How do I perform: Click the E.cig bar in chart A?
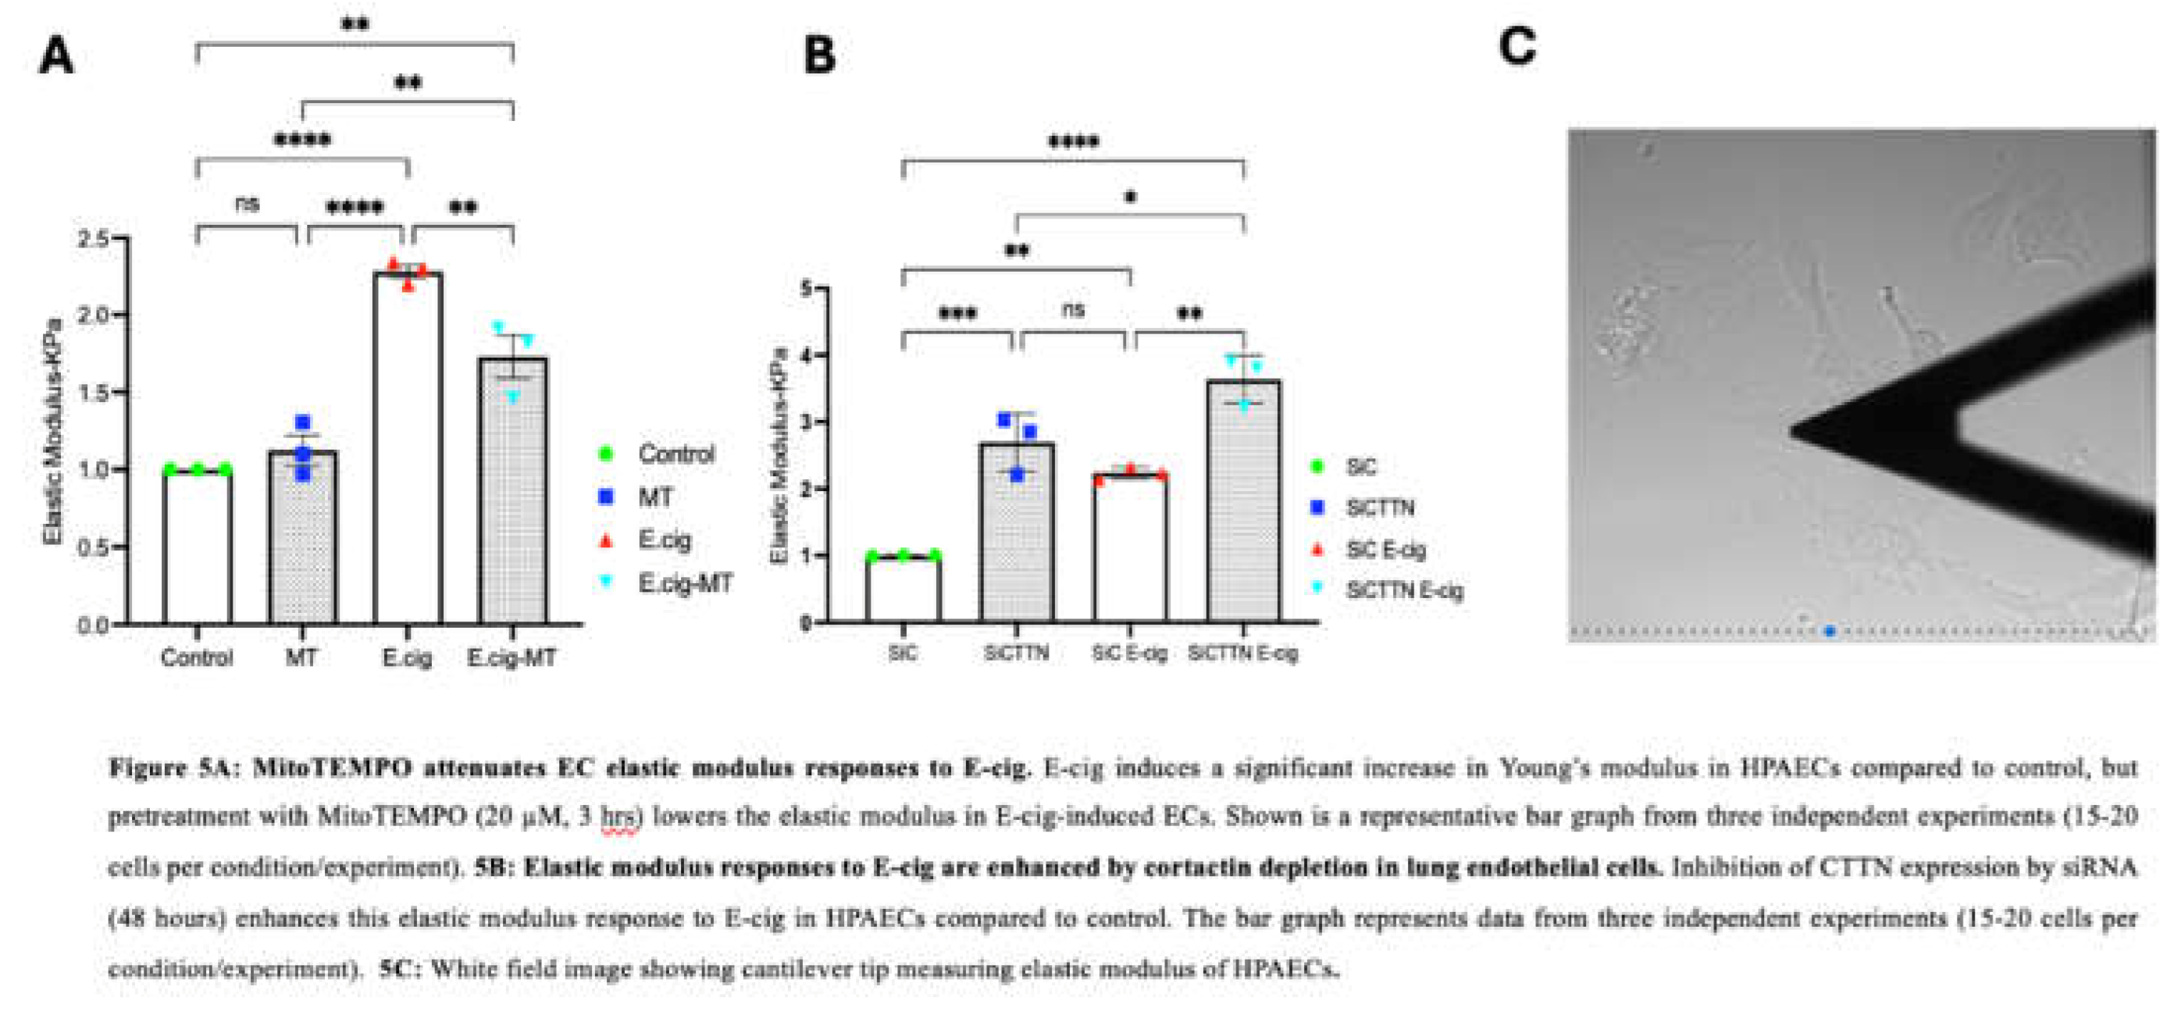[408, 449]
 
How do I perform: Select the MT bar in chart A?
[302, 542]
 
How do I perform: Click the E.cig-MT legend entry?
[684, 583]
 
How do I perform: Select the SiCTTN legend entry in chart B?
[1379, 508]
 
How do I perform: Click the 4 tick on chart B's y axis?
[805, 355]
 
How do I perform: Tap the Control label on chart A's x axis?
[197, 657]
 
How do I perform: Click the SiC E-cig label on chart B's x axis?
[1129, 654]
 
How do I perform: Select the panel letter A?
[57, 58]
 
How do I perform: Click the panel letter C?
[1516, 47]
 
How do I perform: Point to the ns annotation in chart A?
[247, 205]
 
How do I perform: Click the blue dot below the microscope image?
[1830, 632]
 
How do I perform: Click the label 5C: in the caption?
[396, 969]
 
